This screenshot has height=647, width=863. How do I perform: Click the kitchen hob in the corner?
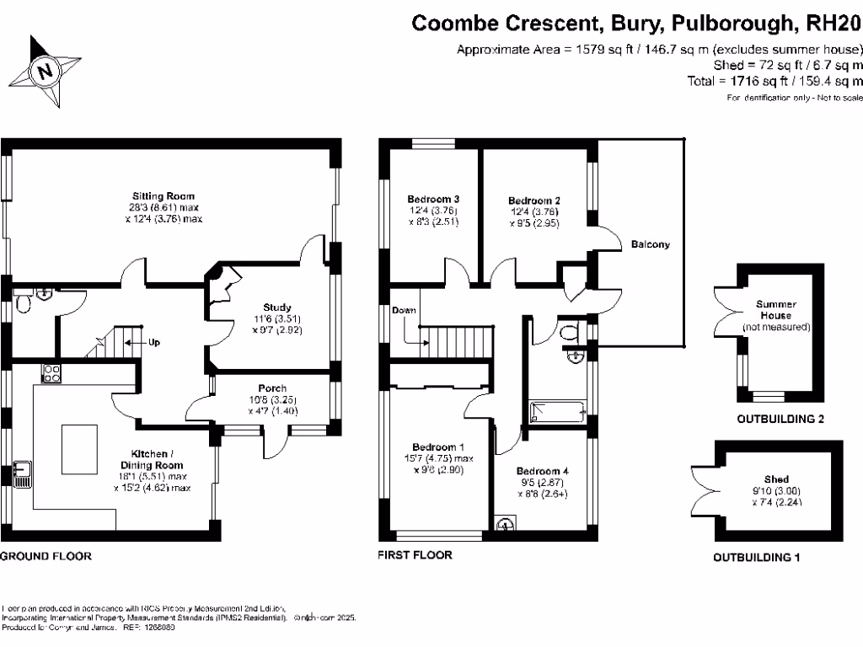(52, 373)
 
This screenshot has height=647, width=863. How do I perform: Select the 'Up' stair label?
(153, 343)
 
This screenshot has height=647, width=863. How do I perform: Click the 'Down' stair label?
(404, 311)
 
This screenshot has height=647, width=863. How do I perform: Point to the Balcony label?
(651, 245)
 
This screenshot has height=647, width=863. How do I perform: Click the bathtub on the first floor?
(555, 413)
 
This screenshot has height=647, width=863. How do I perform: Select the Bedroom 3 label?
(433, 199)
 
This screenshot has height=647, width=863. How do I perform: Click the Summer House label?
(776, 310)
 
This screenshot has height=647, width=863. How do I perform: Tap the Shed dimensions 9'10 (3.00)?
(776, 489)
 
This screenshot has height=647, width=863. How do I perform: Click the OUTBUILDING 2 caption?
(780, 419)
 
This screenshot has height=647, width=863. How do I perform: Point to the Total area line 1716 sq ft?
(775, 82)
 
